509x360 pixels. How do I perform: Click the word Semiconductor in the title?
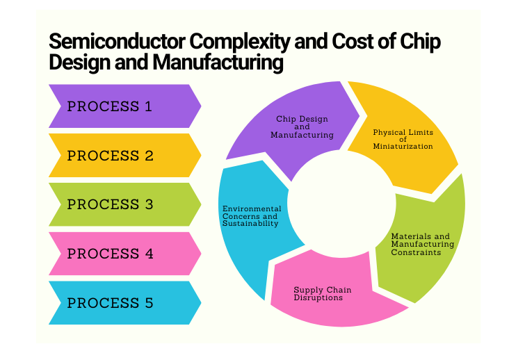coord(118,41)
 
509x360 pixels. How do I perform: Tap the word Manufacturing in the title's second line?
coord(218,62)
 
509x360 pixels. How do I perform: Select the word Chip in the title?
coord(420,42)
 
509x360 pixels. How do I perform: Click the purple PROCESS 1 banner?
coord(125,106)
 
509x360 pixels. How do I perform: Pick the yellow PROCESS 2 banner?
coord(125,156)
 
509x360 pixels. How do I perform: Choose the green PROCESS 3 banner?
coord(125,204)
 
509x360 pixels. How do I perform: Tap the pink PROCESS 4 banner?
coord(125,254)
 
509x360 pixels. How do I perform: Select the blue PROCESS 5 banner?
coord(125,302)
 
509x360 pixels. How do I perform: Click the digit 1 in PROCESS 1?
coord(148,106)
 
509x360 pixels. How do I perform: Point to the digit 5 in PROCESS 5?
coord(149,303)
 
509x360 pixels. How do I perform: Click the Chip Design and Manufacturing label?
coord(302,126)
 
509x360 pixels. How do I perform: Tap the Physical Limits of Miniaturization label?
coord(403,140)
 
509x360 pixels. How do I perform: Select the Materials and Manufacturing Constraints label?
coord(422,244)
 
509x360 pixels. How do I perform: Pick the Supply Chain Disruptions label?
coord(323,294)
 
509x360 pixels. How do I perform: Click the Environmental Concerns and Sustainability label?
coord(252,216)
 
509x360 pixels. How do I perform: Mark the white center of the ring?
coord(342,204)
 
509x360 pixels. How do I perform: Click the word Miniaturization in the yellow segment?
coord(403,146)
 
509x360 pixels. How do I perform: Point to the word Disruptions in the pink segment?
coord(318,297)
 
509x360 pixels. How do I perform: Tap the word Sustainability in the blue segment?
coord(250,224)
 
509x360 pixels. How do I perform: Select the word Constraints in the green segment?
coord(416,252)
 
